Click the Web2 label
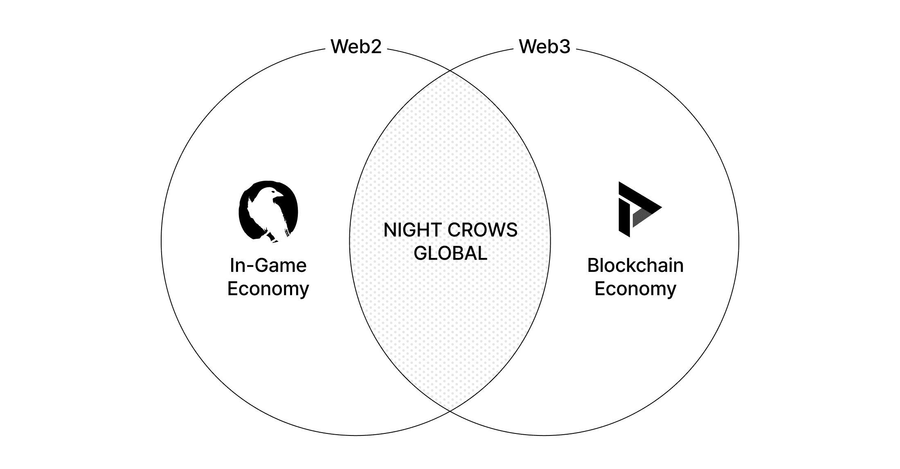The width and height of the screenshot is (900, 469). [356, 47]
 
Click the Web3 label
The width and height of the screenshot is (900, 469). [544, 47]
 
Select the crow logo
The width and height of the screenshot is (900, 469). [268, 211]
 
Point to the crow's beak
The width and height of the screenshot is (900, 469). [281, 193]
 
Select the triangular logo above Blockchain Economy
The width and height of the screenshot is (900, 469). [638, 209]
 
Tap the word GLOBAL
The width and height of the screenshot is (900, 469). [450, 254]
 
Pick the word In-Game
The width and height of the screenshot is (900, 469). [268, 265]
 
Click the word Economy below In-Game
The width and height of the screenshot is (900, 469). [268, 289]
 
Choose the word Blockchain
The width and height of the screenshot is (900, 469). [635, 265]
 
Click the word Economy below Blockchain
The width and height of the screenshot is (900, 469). [635, 289]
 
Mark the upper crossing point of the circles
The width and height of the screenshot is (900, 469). [450, 71]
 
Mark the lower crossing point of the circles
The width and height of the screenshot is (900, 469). [450, 411]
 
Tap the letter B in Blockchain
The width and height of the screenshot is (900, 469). [593, 265]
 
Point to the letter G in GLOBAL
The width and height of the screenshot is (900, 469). [420, 254]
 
